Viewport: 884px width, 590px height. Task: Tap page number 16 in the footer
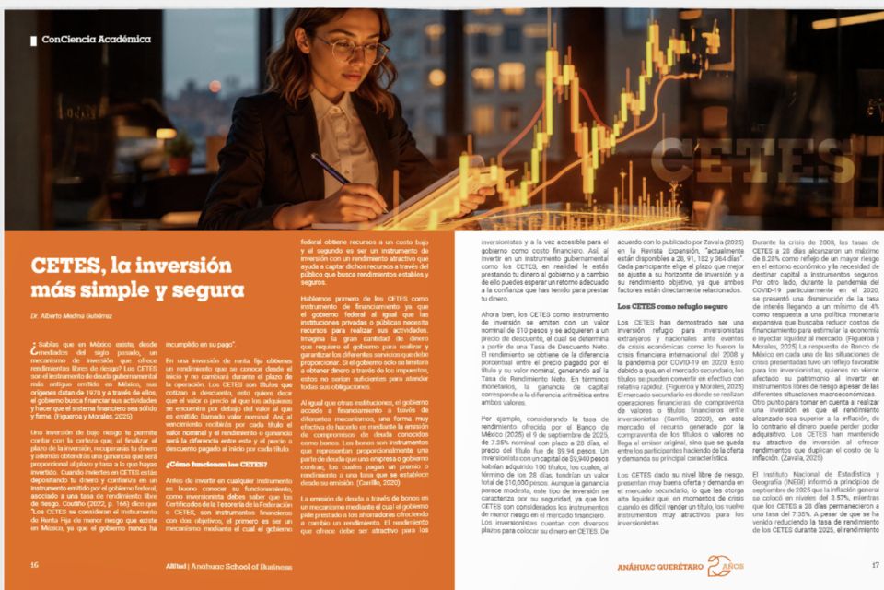click(x=34, y=566)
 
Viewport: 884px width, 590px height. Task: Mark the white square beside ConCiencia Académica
click(x=34, y=40)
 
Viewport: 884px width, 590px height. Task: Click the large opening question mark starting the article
click(x=34, y=348)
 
